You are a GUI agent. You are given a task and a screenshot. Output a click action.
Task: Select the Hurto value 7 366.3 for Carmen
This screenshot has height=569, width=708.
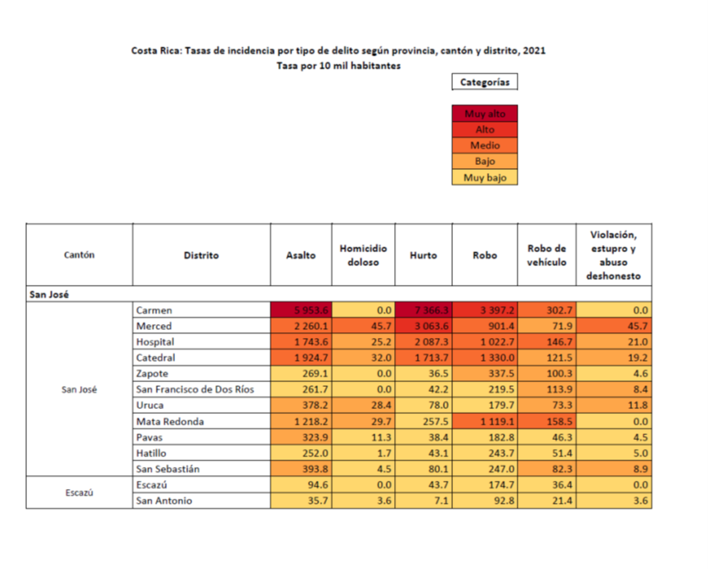(423, 310)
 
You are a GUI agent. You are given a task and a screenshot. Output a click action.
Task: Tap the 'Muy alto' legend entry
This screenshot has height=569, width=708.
(485, 114)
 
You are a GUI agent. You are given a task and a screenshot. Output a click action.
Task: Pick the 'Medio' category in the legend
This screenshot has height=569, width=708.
(485, 146)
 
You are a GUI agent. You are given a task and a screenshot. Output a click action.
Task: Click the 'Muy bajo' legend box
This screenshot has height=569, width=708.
(485, 177)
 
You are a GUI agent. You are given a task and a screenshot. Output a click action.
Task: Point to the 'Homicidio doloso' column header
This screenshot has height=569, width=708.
(363, 255)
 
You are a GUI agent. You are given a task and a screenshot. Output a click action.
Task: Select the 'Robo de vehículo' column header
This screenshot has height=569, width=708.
(547, 255)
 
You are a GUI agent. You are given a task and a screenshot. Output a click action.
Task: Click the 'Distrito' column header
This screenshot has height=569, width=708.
(201, 255)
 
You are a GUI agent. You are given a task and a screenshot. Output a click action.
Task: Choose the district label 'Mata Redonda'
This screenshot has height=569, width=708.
(170, 421)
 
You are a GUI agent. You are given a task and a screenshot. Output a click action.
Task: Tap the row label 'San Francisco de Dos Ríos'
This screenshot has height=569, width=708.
(195, 389)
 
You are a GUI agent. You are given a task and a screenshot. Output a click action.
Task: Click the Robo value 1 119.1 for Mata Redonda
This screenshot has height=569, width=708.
(485, 421)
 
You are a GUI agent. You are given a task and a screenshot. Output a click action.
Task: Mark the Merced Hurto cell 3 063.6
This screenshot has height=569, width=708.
(423, 327)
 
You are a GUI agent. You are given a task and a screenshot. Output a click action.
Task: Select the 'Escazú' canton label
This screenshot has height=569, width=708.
(79, 493)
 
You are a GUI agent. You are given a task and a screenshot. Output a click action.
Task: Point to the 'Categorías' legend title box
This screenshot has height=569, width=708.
(485, 82)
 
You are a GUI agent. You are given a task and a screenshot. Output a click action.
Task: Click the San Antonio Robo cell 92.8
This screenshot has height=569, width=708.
(485, 500)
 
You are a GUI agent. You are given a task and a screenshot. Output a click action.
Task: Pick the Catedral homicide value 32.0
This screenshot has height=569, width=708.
(363, 358)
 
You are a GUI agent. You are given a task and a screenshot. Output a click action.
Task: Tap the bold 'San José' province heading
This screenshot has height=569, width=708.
(50, 294)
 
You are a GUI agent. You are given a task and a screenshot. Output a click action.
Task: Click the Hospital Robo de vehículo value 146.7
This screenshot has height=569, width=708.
(547, 342)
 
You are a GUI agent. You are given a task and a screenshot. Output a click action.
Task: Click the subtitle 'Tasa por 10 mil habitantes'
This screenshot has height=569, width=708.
(338, 66)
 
